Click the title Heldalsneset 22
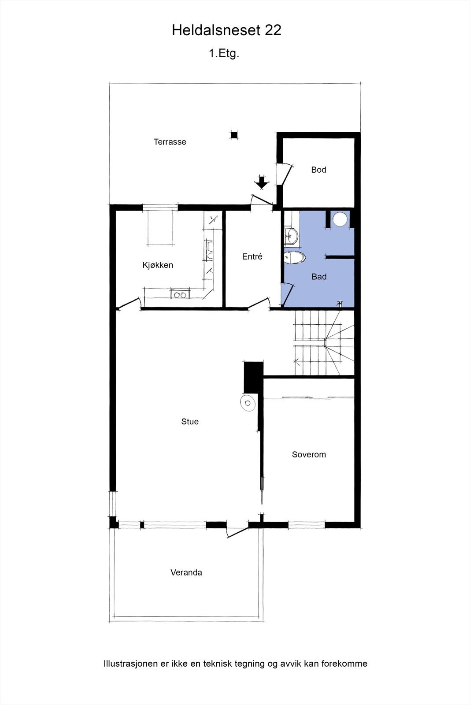(x=226, y=30)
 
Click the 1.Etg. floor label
(x=224, y=54)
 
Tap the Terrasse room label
(x=170, y=142)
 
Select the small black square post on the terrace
(x=234, y=135)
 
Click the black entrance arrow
(x=262, y=182)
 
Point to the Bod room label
(x=318, y=170)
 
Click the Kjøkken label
(x=158, y=265)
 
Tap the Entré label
(x=252, y=256)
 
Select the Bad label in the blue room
(x=319, y=277)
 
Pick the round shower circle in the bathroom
(x=340, y=219)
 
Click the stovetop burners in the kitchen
(x=179, y=295)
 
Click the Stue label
(x=190, y=422)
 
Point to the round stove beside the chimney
(x=248, y=403)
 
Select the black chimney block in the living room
(x=253, y=377)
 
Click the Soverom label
(x=309, y=455)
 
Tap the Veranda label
(x=186, y=572)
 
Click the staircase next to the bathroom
(x=324, y=343)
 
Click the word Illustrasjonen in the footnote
(x=130, y=664)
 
